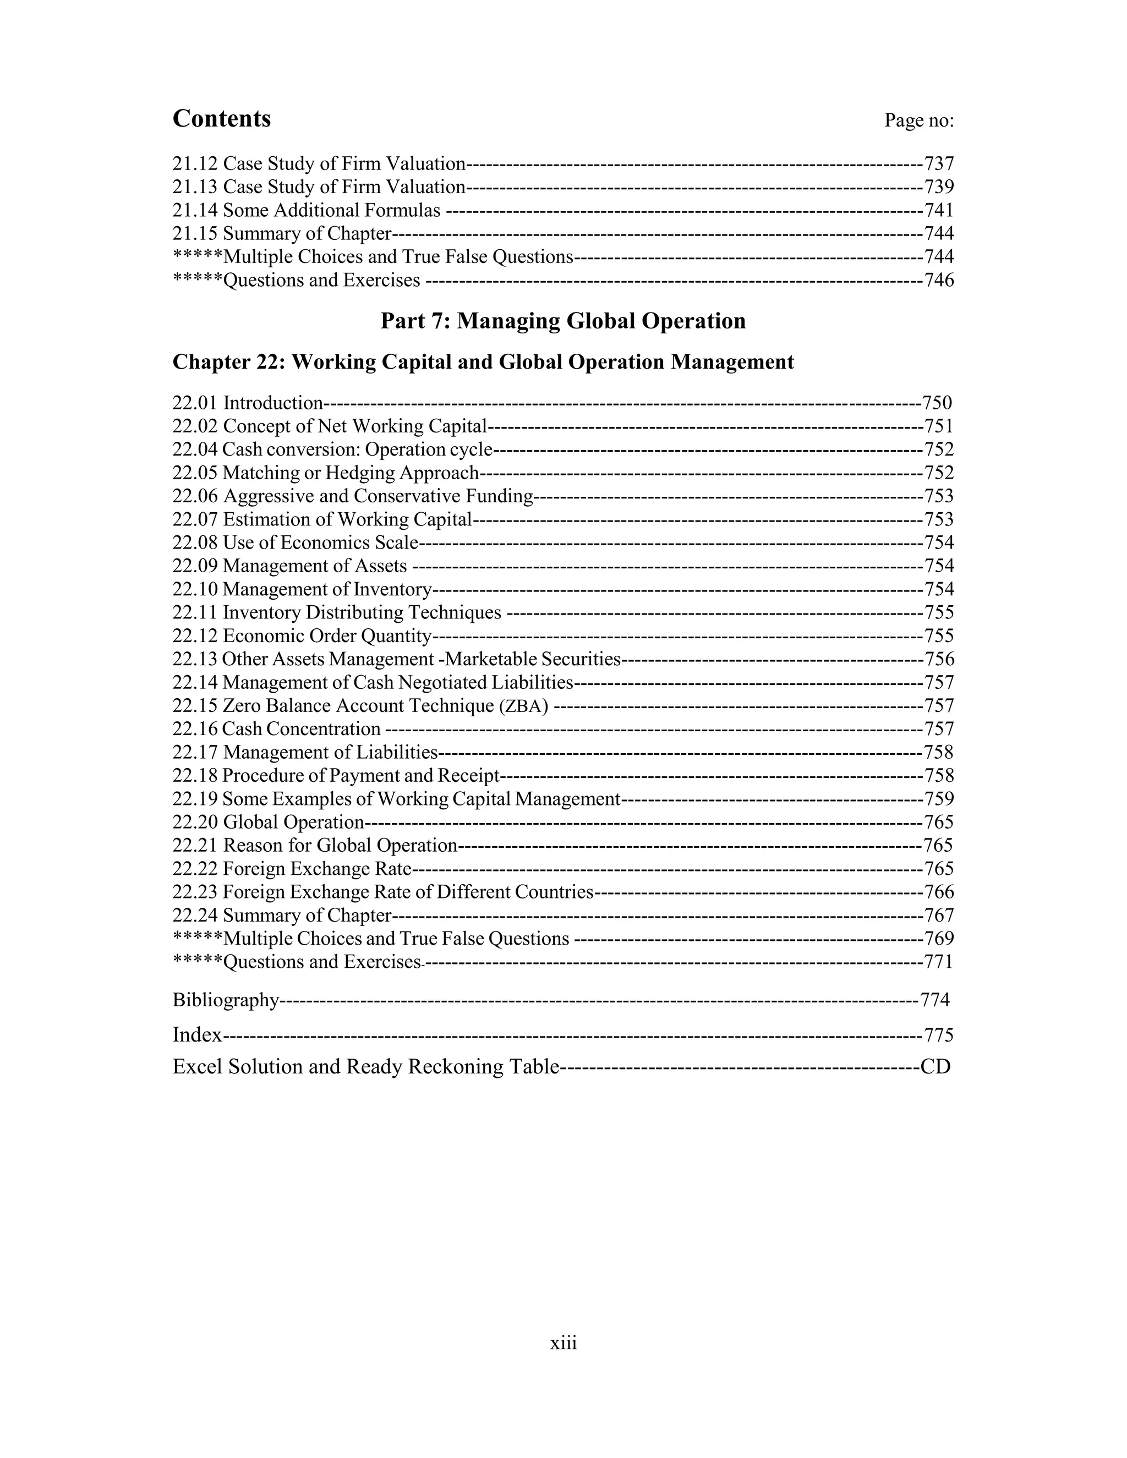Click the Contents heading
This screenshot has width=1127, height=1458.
[222, 119]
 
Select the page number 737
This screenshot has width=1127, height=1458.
[939, 163]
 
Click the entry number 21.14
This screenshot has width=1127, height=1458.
[195, 210]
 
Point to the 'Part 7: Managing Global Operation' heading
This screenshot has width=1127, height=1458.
[563, 321]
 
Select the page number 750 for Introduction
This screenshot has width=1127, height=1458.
[937, 403]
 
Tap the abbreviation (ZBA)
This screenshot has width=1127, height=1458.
[523, 706]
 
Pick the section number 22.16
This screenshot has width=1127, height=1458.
[194, 729]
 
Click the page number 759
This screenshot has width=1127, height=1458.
[939, 799]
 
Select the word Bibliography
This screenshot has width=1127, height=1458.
[225, 1000]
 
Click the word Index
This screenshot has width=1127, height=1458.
[197, 1035]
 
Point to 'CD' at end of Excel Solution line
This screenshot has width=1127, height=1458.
[935, 1067]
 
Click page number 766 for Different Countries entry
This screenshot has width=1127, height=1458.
[939, 892]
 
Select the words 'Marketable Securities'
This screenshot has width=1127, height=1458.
[532, 660]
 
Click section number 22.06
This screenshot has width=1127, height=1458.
[195, 497]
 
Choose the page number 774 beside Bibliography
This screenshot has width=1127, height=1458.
[935, 1000]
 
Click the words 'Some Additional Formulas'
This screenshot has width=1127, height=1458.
[331, 210]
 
